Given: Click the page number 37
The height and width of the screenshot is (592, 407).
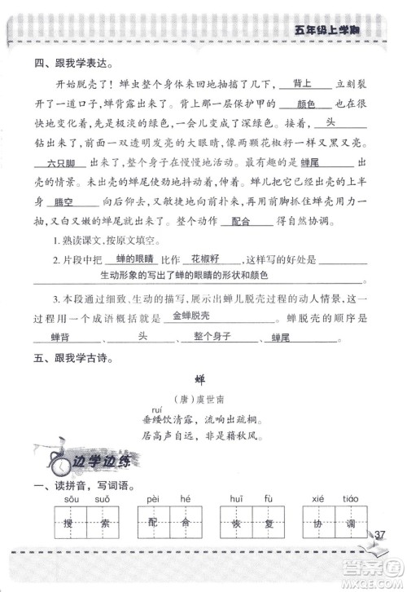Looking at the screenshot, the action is point(379,535).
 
